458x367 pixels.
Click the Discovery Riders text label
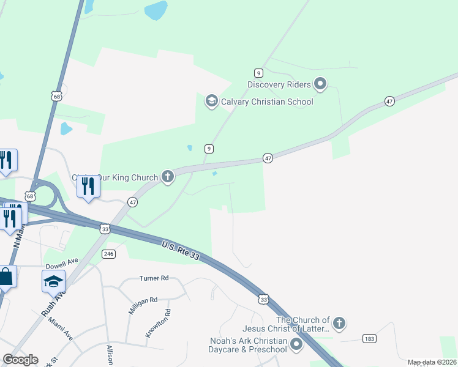pyautogui.click(x=279, y=84)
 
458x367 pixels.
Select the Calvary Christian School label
pyautogui.click(x=267, y=102)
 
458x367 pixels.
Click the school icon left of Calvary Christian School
pyautogui.click(x=211, y=101)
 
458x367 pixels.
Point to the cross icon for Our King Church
pyautogui.click(x=168, y=177)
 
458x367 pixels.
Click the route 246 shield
pyautogui.click(x=109, y=254)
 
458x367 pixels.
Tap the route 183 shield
pyautogui.click(x=369, y=338)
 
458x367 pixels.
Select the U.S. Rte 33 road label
pyautogui.click(x=181, y=251)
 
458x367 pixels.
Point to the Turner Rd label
pyautogui.click(x=154, y=278)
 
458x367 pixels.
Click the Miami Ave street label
pyautogui.click(x=61, y=328)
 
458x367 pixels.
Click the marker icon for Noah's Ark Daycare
pyautogui.click(x=297, y=345)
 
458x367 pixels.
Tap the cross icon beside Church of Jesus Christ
pyautogui.click(x=339, y=323)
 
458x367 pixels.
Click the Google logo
pyautogui.click(x=20, y=360)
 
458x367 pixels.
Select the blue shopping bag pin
pyautogui.click(x=6, y=276)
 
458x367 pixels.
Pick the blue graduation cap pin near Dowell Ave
pyautogui.click(x=53, y=281)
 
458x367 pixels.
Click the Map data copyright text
pyautogui.click(x=432, y=362)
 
